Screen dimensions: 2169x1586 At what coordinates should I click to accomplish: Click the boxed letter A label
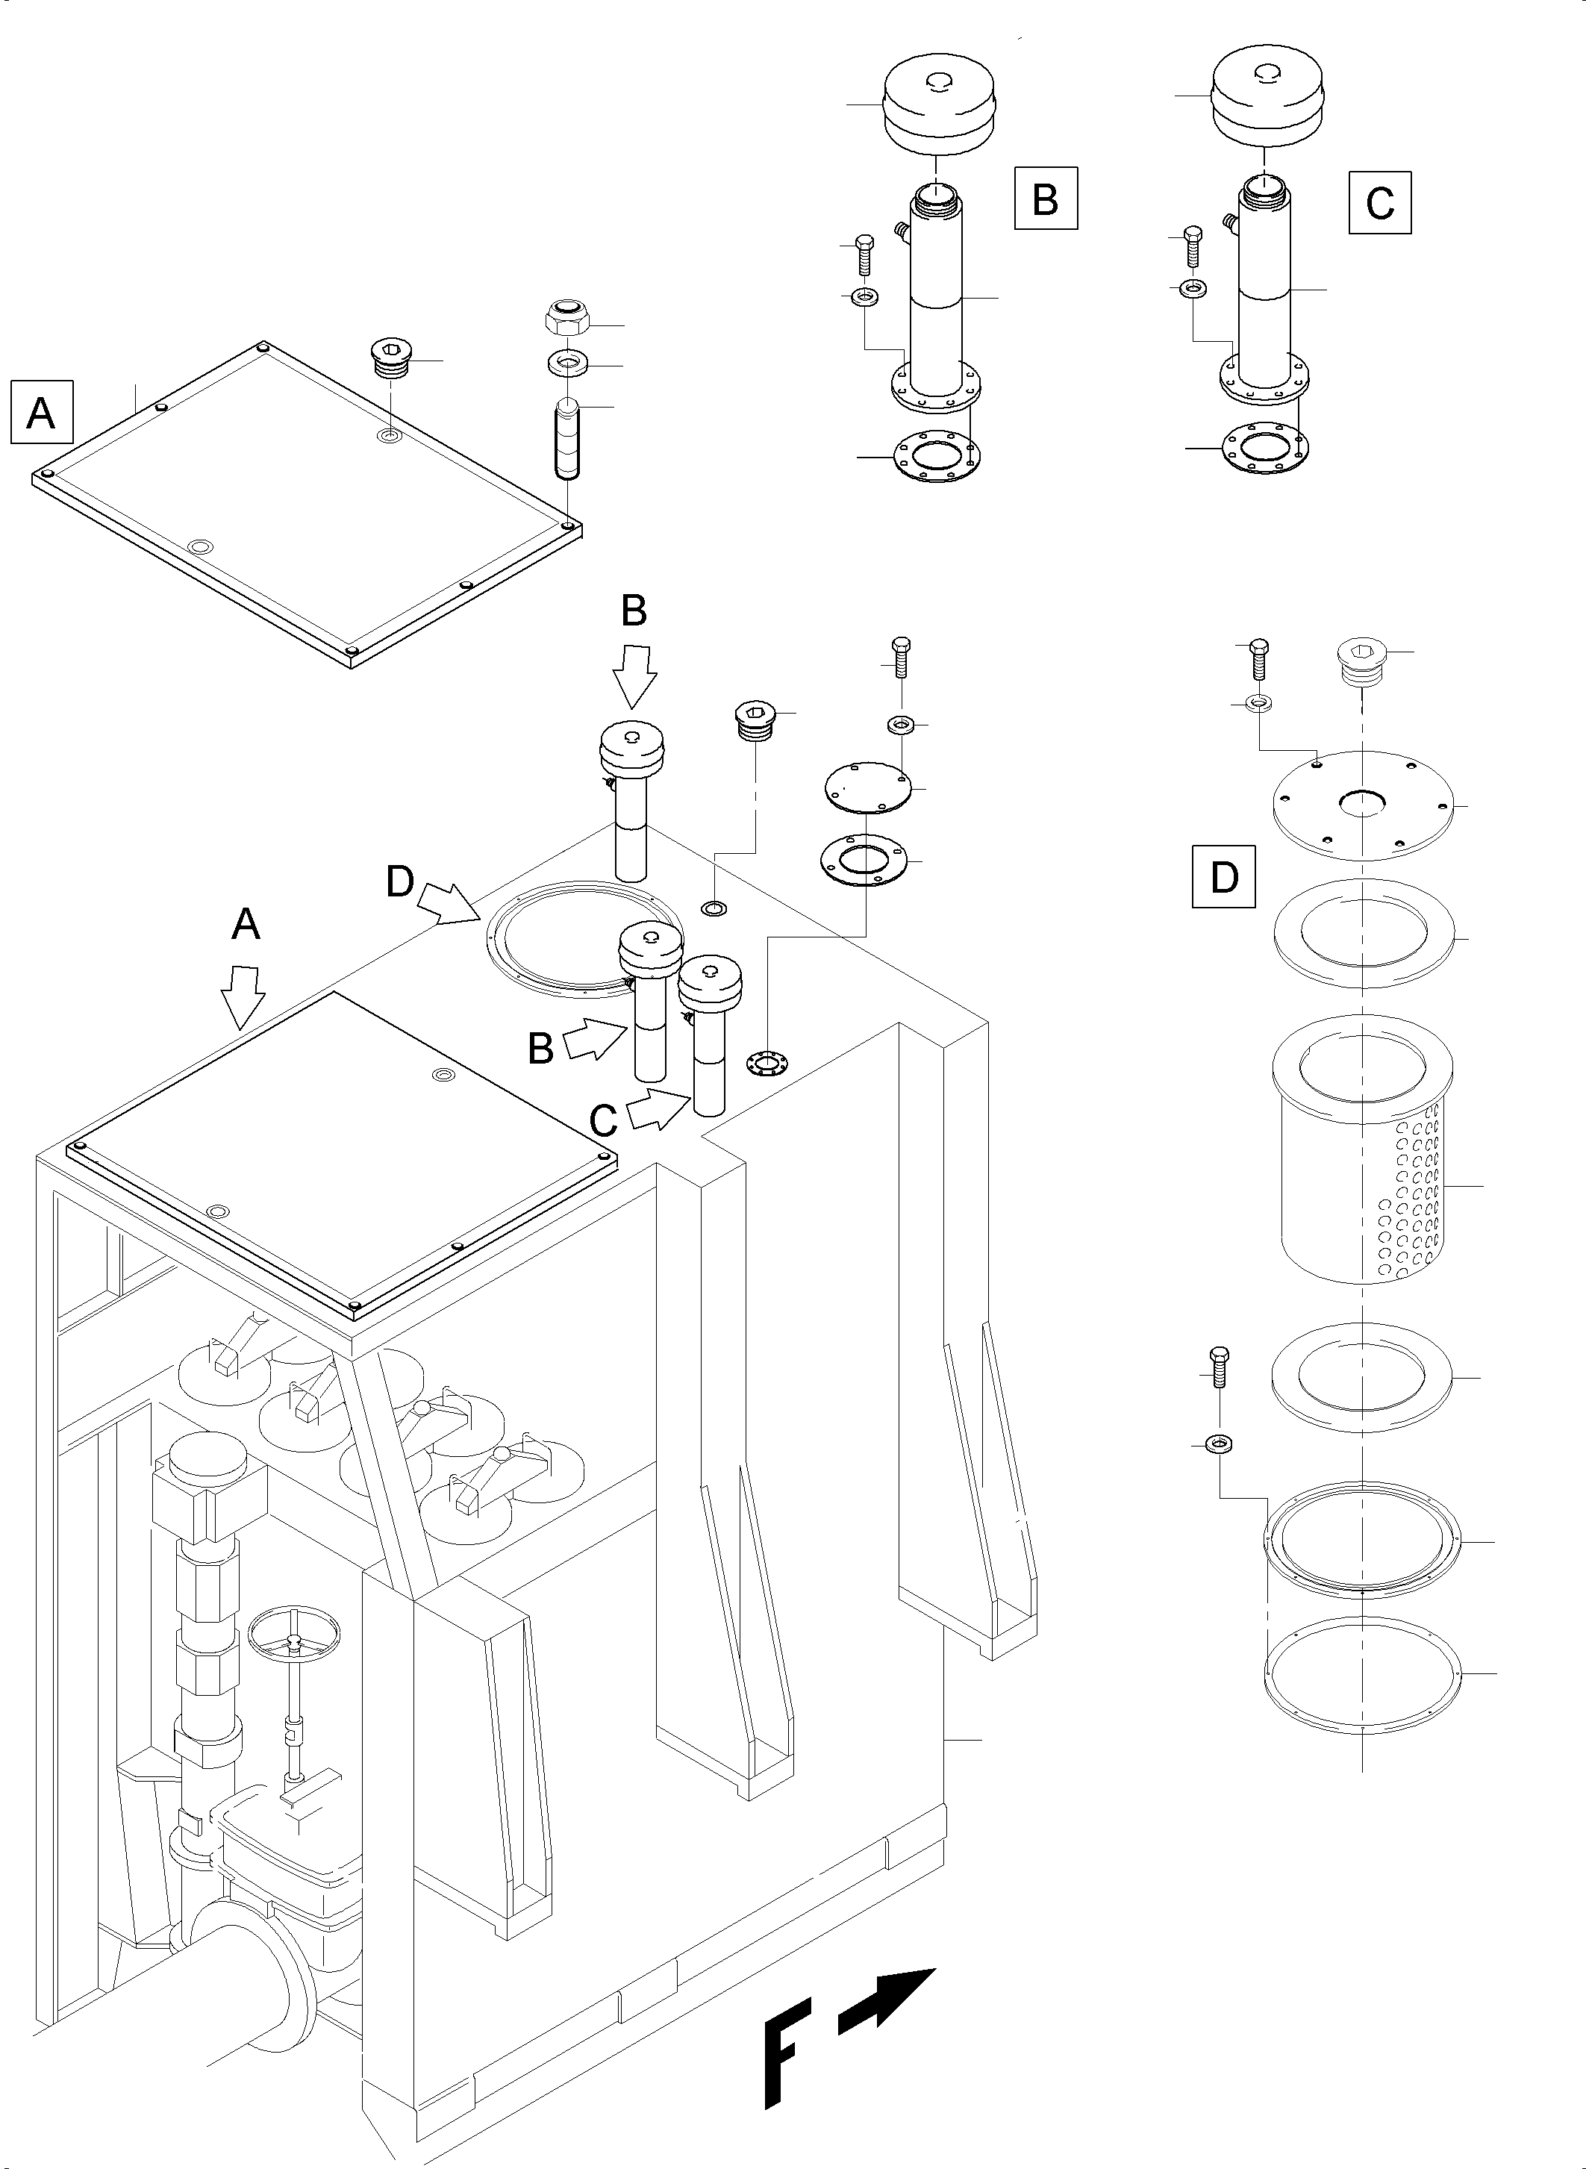pyautogui.click(x=41, y=413)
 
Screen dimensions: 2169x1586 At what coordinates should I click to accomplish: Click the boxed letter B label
pyautogui.click(x=1046, y=199)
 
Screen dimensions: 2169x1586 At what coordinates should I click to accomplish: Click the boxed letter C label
pyautogui.click(x=1379, y=202)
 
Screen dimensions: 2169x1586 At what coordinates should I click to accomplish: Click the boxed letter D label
pyautogui.click(x=1224, y=876)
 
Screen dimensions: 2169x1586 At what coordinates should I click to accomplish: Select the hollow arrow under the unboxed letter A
pyautogui.click(x=242, y=996)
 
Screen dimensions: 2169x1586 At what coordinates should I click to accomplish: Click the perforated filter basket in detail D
pyautogui.click(x=1361, y=1150)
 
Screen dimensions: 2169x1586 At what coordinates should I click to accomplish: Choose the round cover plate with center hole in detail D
pyautogui.click(x=1361, y=805)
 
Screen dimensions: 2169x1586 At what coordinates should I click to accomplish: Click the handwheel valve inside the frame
pyautogui.click(x=295, y=1632)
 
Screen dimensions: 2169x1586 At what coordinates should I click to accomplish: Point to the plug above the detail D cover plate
pyautogui.click(x=1361, y=663)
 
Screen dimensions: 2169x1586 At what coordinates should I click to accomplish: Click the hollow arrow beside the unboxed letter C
pyautogui.click(x=658, y=1109)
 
